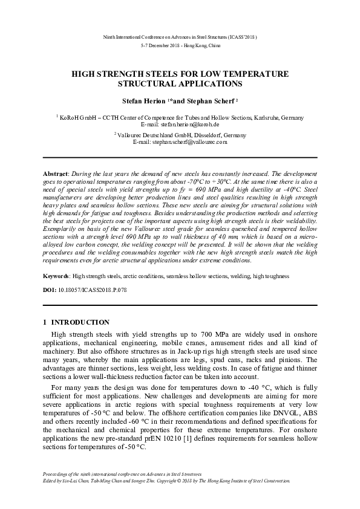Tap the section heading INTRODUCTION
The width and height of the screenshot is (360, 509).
[x=80, y=322]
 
